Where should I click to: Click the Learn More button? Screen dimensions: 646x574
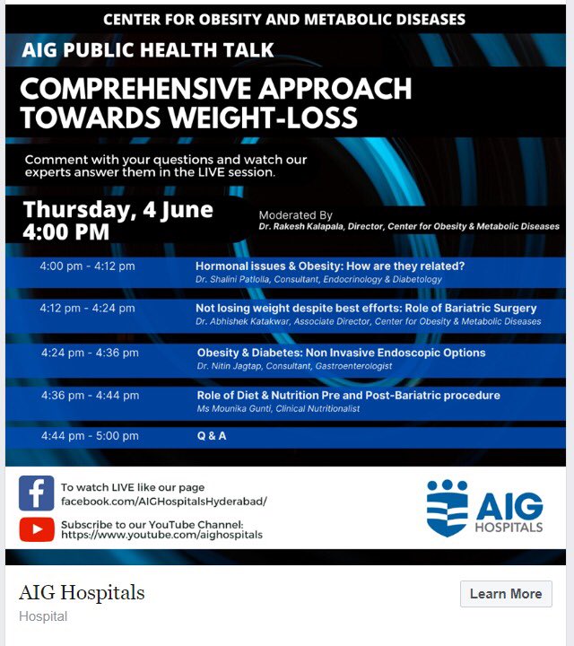pos(506,594)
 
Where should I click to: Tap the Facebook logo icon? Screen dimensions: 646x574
pos(37,493)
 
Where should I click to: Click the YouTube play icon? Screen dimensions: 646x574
pos(37,529)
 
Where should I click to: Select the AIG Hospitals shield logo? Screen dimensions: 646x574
pos(448,508)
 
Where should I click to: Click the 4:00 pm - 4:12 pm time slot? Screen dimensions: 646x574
pos(87,266)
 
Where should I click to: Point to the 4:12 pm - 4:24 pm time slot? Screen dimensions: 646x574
pos(87,308)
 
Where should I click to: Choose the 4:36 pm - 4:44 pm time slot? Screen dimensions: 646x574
pos(90,395)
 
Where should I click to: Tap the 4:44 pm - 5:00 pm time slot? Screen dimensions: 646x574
pos(90,436)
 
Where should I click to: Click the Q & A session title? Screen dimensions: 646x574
pos(212,436)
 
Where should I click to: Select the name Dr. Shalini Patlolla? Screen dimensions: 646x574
pos(231,280)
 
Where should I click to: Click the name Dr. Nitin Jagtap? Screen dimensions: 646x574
pos(226,366)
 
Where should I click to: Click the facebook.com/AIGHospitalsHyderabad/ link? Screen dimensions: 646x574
pos(164,502)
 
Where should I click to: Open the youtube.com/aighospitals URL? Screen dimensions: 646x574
pos(161,535)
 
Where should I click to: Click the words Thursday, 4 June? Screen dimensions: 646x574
pos(118,211)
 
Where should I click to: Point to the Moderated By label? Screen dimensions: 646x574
pos(295,215)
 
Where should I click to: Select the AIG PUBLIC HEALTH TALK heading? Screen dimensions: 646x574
pos(149,50)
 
